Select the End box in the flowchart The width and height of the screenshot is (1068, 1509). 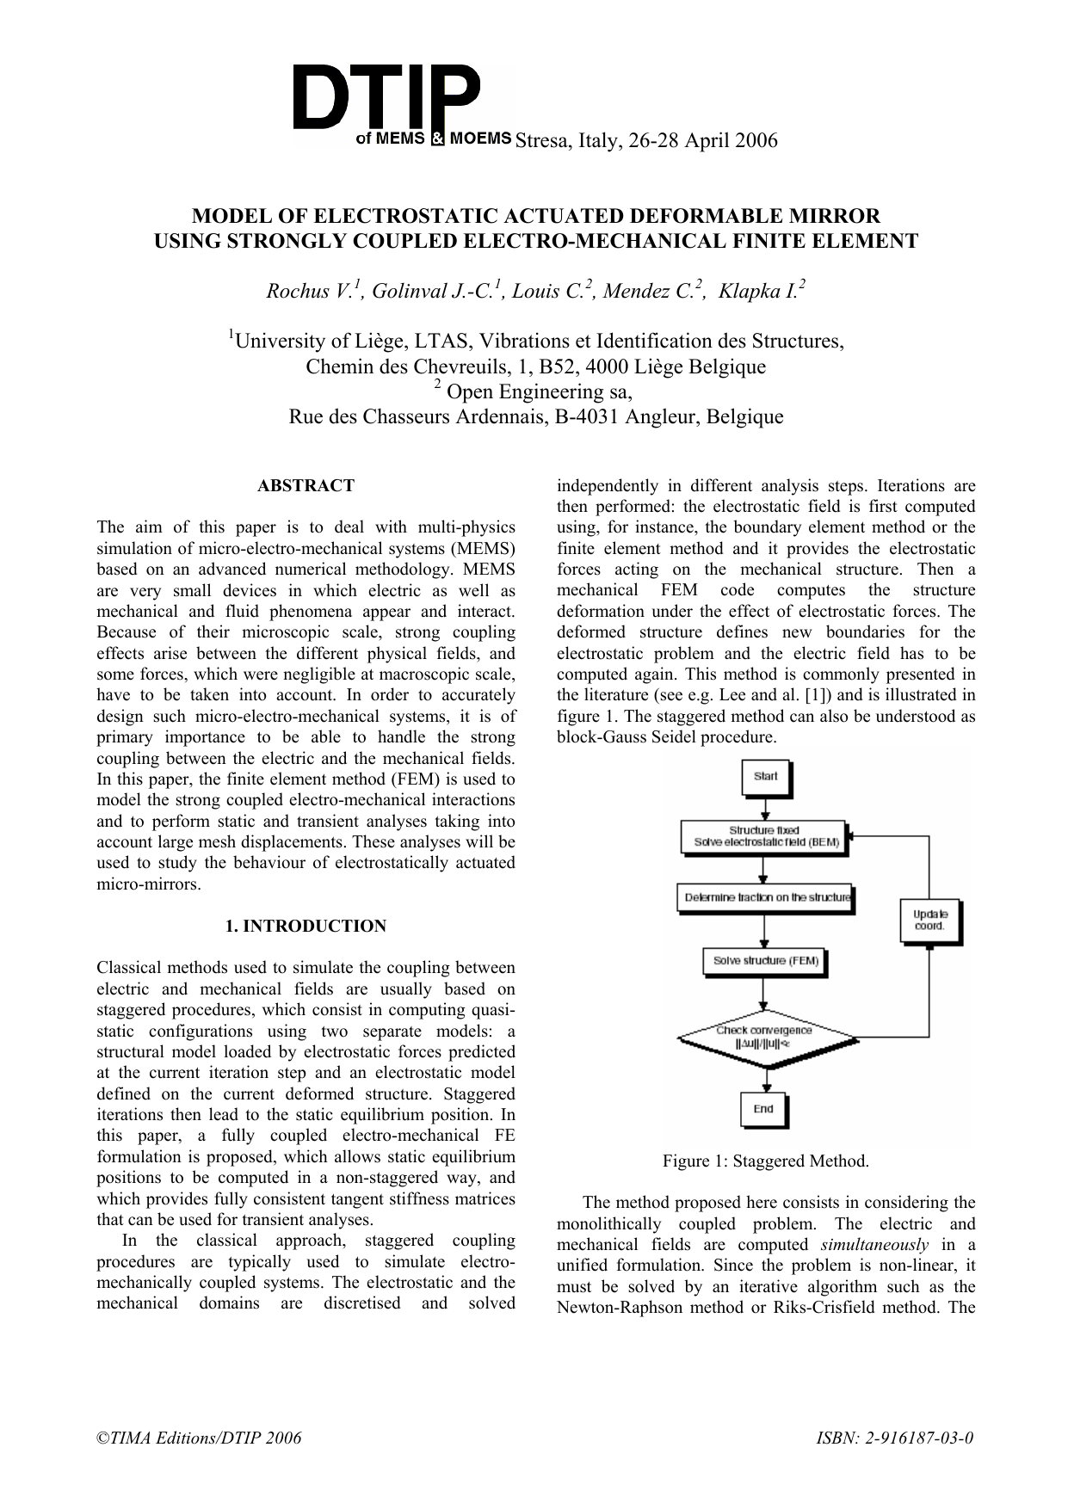pos(763,1109)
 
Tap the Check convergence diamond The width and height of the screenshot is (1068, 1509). pos(764,1037)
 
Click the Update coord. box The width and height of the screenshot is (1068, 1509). pos(929,921)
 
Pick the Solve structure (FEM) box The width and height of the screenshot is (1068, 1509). pos(764,961)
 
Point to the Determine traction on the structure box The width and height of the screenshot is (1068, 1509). pos(764,898)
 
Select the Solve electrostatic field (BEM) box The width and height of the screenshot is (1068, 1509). pos(762,837)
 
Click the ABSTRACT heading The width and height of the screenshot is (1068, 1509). pos(306,486)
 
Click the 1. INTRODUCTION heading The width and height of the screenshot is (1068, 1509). pos(306,927)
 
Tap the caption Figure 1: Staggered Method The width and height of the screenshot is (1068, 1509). pos(765,1161)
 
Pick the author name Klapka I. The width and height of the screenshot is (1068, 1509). pos(761,292)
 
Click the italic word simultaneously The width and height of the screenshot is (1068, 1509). pos(874,1245)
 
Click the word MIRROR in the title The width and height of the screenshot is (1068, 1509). pos(830,215)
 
